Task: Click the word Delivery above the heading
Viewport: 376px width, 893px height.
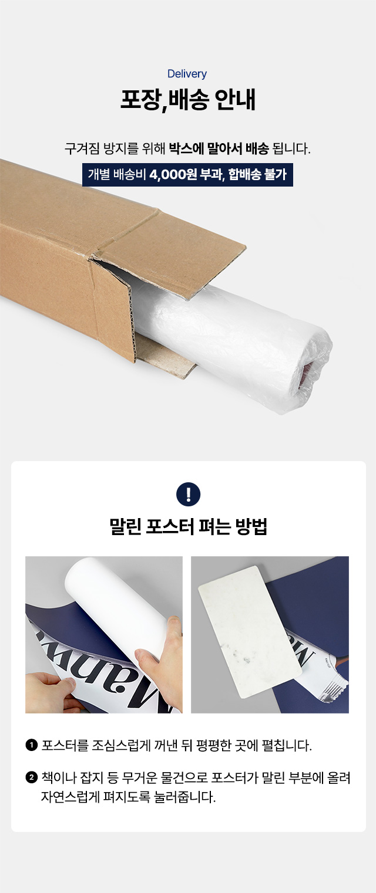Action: click(187, 74)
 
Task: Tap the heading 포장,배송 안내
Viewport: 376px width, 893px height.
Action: click(188, 100)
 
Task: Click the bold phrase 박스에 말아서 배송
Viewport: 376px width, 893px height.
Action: click(219, 148)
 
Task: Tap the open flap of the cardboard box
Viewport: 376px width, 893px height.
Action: click(172, 247)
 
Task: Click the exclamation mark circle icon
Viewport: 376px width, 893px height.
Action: click(188, 494)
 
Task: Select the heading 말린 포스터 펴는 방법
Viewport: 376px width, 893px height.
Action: click(188, 526)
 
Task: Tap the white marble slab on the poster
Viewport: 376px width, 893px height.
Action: click(250, 632)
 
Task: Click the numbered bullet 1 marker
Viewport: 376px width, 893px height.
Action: click(31, 745)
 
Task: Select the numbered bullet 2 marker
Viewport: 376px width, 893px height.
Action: click(31, 777)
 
